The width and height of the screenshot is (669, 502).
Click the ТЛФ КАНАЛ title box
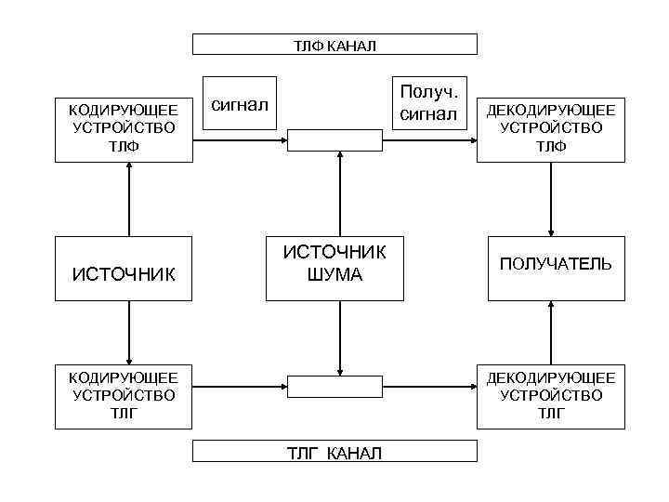pos(334,45)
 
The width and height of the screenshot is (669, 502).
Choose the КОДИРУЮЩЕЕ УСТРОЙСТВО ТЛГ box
pos(124,395)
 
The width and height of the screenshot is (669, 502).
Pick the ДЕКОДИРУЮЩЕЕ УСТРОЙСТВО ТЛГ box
pos(551,395)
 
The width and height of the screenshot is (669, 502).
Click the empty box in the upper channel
pos(334,140)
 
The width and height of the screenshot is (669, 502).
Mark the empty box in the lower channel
pos(334,386)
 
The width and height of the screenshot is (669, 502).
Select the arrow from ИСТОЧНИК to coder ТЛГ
pos(129,332)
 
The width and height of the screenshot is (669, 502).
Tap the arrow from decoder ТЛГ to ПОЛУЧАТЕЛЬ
pos(552,332)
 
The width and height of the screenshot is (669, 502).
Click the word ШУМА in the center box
pos(335,275)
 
